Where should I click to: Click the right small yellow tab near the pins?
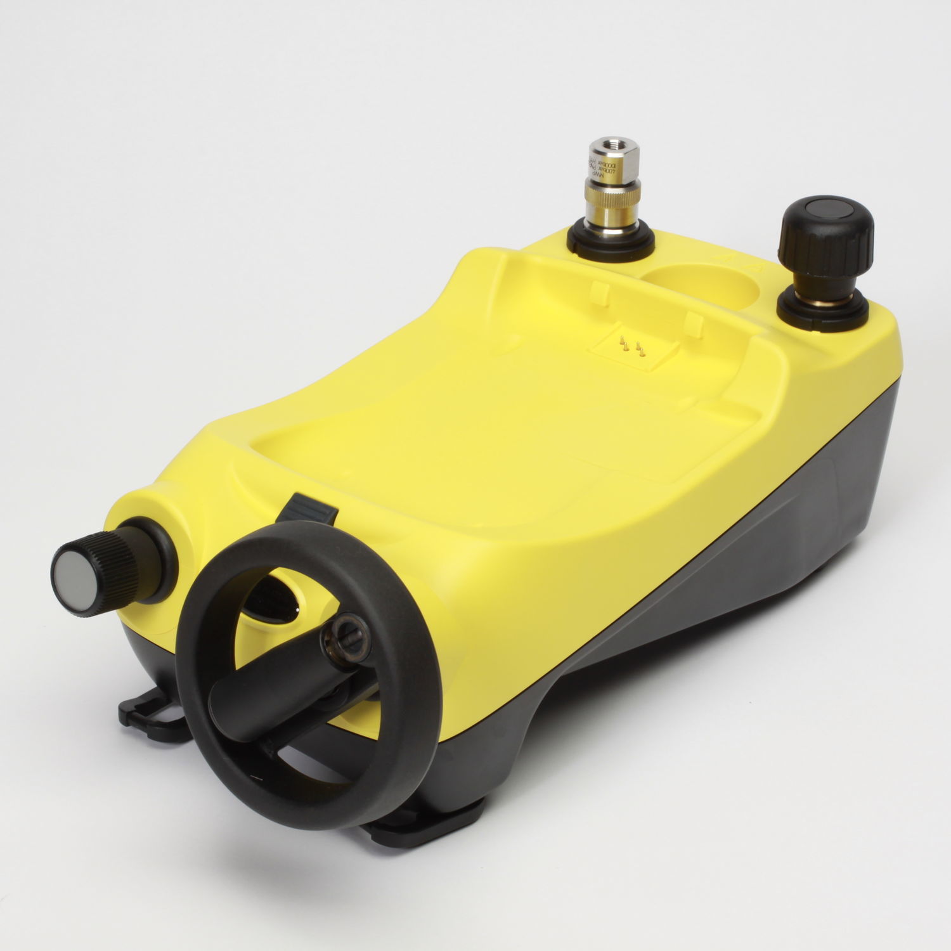coord(694,323)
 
